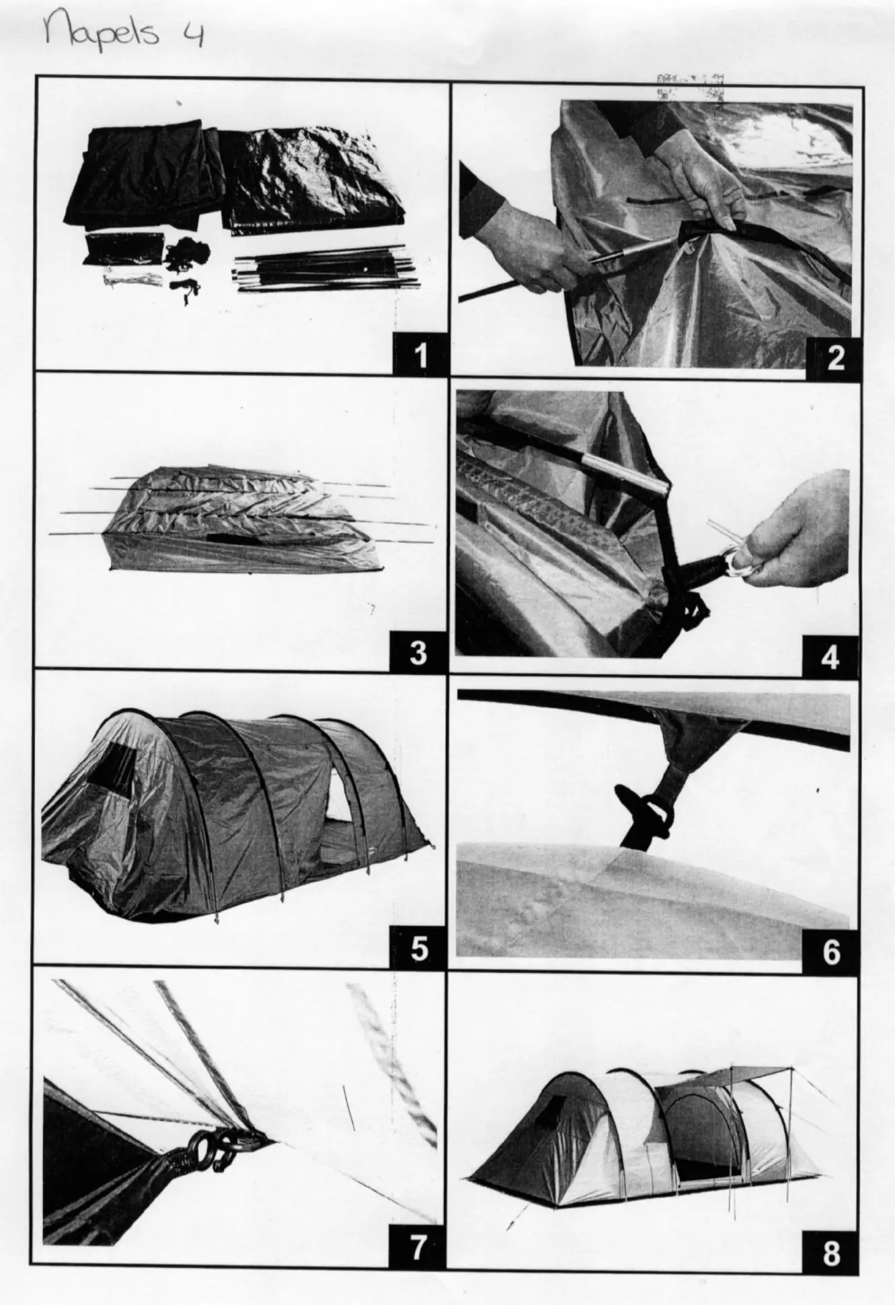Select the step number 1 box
click(x=420, y=354)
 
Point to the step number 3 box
click(x=418, y=651)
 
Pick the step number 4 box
click(x=831, y=656)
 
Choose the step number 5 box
click(x=418, y=949)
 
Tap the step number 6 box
click(x=831, y=952)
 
